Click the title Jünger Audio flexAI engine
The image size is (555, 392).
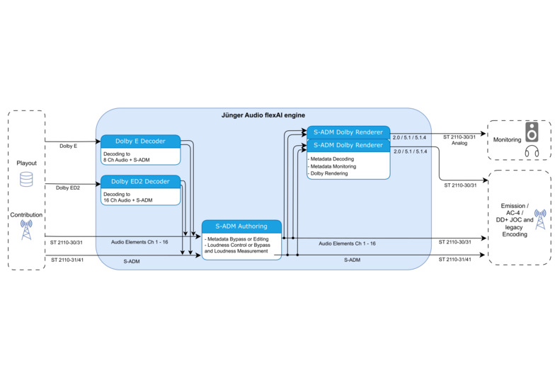263,115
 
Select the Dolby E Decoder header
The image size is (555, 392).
140,141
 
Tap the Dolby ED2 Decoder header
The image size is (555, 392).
140,182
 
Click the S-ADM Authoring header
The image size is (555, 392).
241,226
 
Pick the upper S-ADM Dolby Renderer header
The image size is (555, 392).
348,132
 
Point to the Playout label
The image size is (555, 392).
26,163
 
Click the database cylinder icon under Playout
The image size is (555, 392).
26,180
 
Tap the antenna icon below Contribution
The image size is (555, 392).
26,229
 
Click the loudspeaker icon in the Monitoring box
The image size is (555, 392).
532,132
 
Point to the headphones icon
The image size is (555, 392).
532,151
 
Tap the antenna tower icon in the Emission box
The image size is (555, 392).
539,219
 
